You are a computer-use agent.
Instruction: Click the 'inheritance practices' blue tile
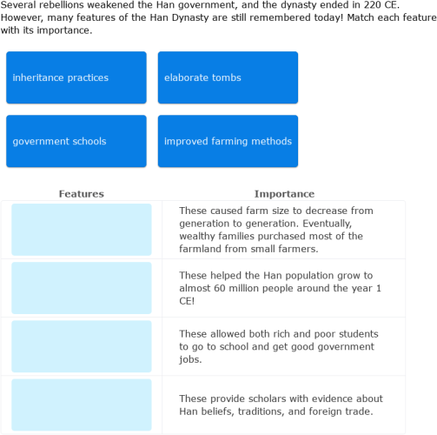76,77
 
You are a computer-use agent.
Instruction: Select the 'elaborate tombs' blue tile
228,77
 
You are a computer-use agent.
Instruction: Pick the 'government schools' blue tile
76,141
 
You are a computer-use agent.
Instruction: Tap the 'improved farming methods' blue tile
228,141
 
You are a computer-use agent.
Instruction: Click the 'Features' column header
81,194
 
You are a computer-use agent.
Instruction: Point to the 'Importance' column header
284,194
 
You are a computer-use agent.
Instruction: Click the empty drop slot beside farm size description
82,230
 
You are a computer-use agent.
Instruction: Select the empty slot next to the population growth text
82,288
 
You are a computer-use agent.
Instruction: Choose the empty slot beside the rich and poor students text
82,346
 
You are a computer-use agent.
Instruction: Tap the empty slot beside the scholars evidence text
82,405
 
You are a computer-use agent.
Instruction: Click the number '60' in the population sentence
255,288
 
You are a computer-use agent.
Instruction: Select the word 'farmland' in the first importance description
201,249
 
